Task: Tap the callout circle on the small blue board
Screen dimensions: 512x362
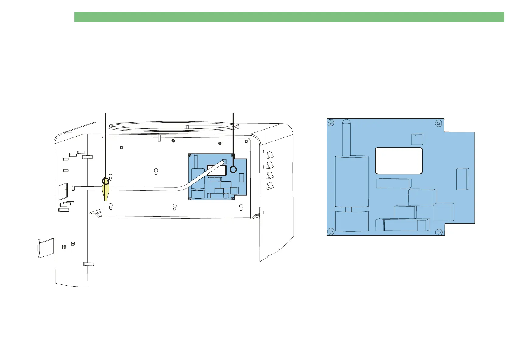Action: pyautogui.click(x=233, y=169)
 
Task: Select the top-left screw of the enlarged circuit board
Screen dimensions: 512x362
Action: pyautogui.click(x=331, y=123)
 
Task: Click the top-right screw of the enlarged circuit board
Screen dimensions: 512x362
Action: pyautogui.click(x=438, y=123)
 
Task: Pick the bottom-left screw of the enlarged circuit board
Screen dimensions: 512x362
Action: pyautogui.click(x=331, y=231)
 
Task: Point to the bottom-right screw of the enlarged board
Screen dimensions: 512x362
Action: pyautogui.click(x=438, y=232)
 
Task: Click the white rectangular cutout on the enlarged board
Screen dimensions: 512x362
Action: pyautogui.click(x=399, y=161)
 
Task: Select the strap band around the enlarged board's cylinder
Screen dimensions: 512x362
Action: pyautogui.click(x=352, y=209)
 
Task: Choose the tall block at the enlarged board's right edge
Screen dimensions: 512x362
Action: pyautogui.click(x=462, y=179)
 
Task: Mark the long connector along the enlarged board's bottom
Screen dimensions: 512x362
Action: pyautogui.click(x=403, y=225)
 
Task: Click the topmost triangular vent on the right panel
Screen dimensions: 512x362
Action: pyautogui.click(x=270, y=155)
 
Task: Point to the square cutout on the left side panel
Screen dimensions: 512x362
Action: pyautogui.click(x=63, y=191)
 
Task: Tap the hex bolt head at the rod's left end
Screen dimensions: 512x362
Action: pyautogui.click(x=74, y=188)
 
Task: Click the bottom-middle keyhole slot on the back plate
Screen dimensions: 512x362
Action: pyautogui.click(x=175, y=207)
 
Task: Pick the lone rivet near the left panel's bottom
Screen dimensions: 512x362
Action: pyautogui.click(x=88, y=264)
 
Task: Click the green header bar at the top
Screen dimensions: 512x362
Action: pyautogui.click(x=289, y=17)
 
